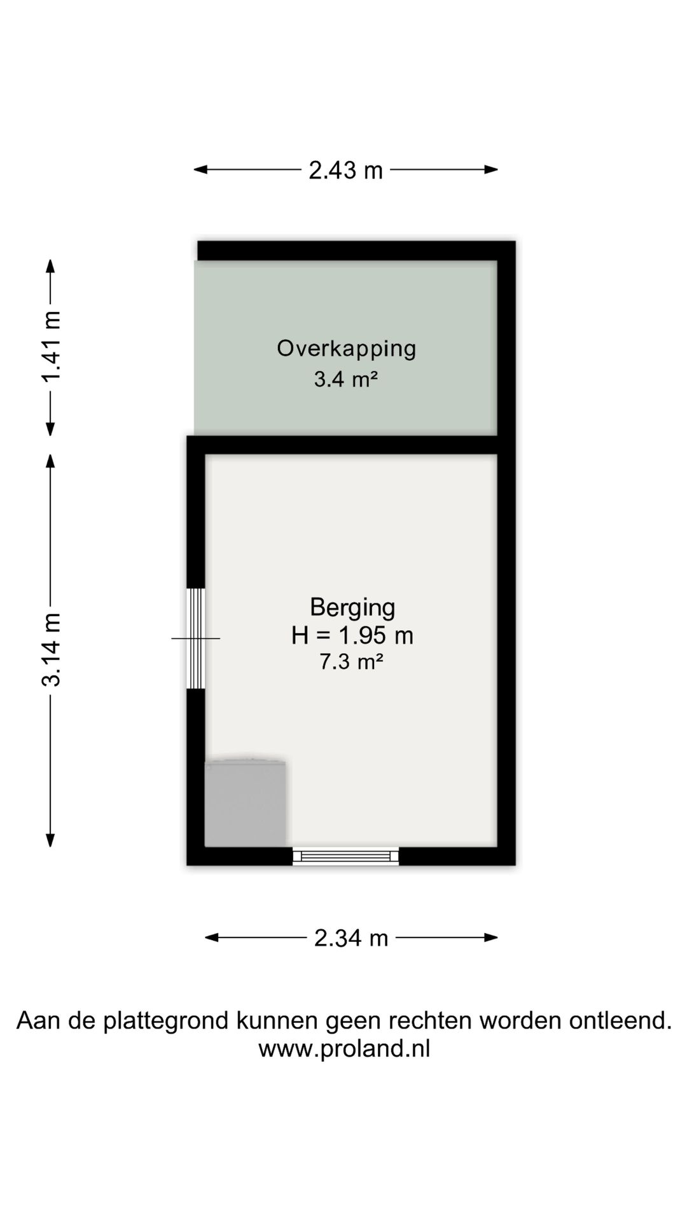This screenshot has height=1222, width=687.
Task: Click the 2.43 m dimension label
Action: point(345,171)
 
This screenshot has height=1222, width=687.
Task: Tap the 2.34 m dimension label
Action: point(351,938)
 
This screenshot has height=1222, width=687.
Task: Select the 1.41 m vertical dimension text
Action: point(51,347)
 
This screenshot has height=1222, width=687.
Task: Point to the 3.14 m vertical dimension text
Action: point(51,649)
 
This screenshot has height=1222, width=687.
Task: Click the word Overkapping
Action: point(346,349)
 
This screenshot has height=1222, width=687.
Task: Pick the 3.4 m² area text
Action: point(346,380)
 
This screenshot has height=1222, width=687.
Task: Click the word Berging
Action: point(352,607)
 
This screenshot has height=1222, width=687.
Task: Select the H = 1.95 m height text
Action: point(352,635)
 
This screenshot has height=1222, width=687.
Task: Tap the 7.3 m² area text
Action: point(351,663)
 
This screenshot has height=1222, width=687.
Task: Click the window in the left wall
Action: point(195,638)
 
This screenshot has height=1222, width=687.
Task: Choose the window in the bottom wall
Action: point(345,856)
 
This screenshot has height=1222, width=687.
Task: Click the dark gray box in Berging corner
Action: point(245,803)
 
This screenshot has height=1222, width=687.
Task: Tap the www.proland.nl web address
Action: point(344,1049)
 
